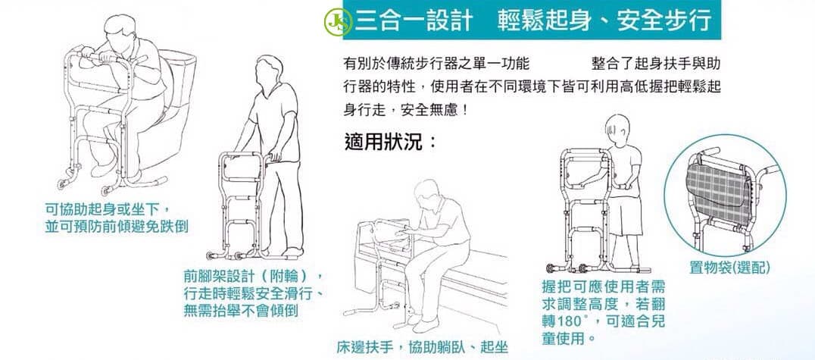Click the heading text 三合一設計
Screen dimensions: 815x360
coord(414,20)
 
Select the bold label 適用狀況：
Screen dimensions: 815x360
coord(390,141)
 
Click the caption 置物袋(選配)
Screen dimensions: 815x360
coord(729,268)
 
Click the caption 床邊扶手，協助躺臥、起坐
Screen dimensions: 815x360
coord(422,346)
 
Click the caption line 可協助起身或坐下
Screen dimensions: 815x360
coord(105,210)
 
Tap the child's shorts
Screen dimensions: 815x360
coord(626,216)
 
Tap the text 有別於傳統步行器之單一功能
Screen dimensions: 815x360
coord(436,64)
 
